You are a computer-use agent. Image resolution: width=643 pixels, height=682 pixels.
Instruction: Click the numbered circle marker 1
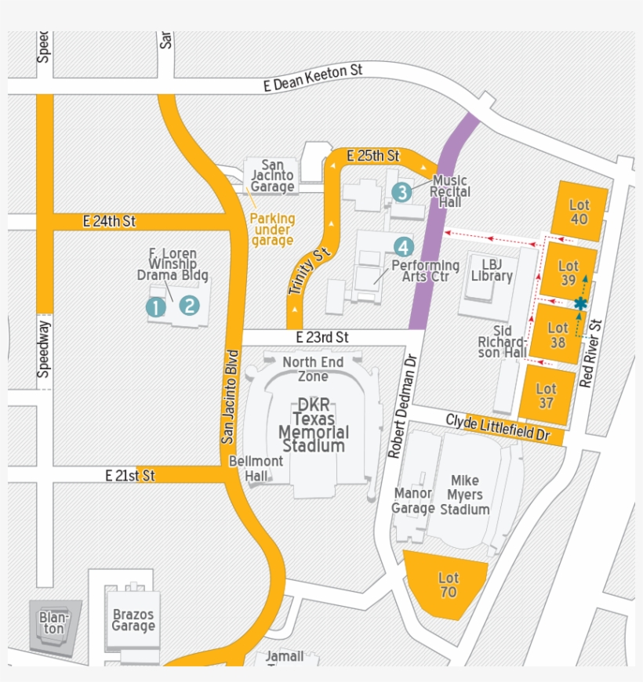[156, 307]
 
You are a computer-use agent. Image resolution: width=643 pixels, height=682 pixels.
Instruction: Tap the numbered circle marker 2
[189, 306]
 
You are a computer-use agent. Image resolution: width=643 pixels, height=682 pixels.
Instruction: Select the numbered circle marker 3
[401, 191]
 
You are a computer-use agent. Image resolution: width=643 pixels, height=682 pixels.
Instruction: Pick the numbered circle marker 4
[403, 247]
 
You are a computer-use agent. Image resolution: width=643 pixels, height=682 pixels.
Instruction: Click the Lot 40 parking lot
[579, 212]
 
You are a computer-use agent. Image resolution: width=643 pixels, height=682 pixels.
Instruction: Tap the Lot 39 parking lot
[569, 272]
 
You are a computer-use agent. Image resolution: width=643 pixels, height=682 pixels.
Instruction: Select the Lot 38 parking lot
[558, 335]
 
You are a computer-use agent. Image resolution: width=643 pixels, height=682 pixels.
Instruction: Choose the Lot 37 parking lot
[547, 395]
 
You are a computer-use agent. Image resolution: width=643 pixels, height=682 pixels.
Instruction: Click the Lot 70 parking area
[448, 585]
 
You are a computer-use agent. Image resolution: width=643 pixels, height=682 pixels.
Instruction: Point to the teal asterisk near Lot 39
[580, 303]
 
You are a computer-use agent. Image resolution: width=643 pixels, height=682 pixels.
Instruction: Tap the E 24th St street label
[109, 222]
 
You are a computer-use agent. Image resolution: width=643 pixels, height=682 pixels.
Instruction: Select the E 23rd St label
[322, 337]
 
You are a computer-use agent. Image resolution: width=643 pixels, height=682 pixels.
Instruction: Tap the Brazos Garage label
[133, 620]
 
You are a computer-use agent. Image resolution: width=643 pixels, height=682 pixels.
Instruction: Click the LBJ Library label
[492, 270]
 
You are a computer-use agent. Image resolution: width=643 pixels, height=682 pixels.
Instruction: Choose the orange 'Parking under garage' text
[273, 230]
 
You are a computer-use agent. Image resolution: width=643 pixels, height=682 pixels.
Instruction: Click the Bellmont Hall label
[256, 468]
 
